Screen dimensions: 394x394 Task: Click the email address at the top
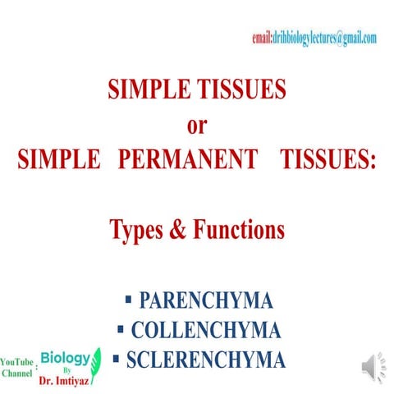314,38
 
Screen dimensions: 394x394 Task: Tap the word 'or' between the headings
197,124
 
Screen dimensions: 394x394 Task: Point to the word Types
140,230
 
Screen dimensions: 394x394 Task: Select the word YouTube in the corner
16,362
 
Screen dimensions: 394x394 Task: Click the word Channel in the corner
16,373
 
